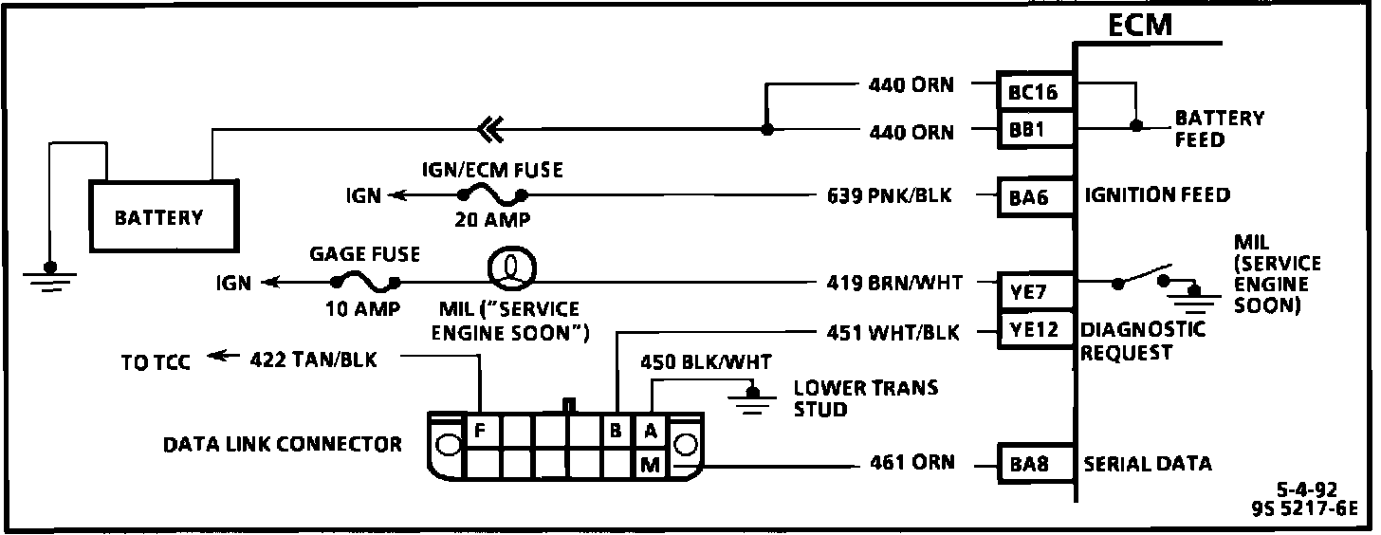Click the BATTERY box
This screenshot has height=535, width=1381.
[159, 217]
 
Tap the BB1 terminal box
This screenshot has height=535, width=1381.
[1035, 130]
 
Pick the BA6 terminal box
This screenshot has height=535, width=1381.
[1035, 197]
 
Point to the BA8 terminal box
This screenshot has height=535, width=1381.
[1035, 465]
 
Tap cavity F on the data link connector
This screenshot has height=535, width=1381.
[481, 430]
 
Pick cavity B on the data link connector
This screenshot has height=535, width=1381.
[616, 431]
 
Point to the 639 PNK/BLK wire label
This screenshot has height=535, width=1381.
[889, 196]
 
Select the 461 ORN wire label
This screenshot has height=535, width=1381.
[911, 464]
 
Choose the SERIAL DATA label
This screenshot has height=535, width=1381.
[1148, 464]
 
